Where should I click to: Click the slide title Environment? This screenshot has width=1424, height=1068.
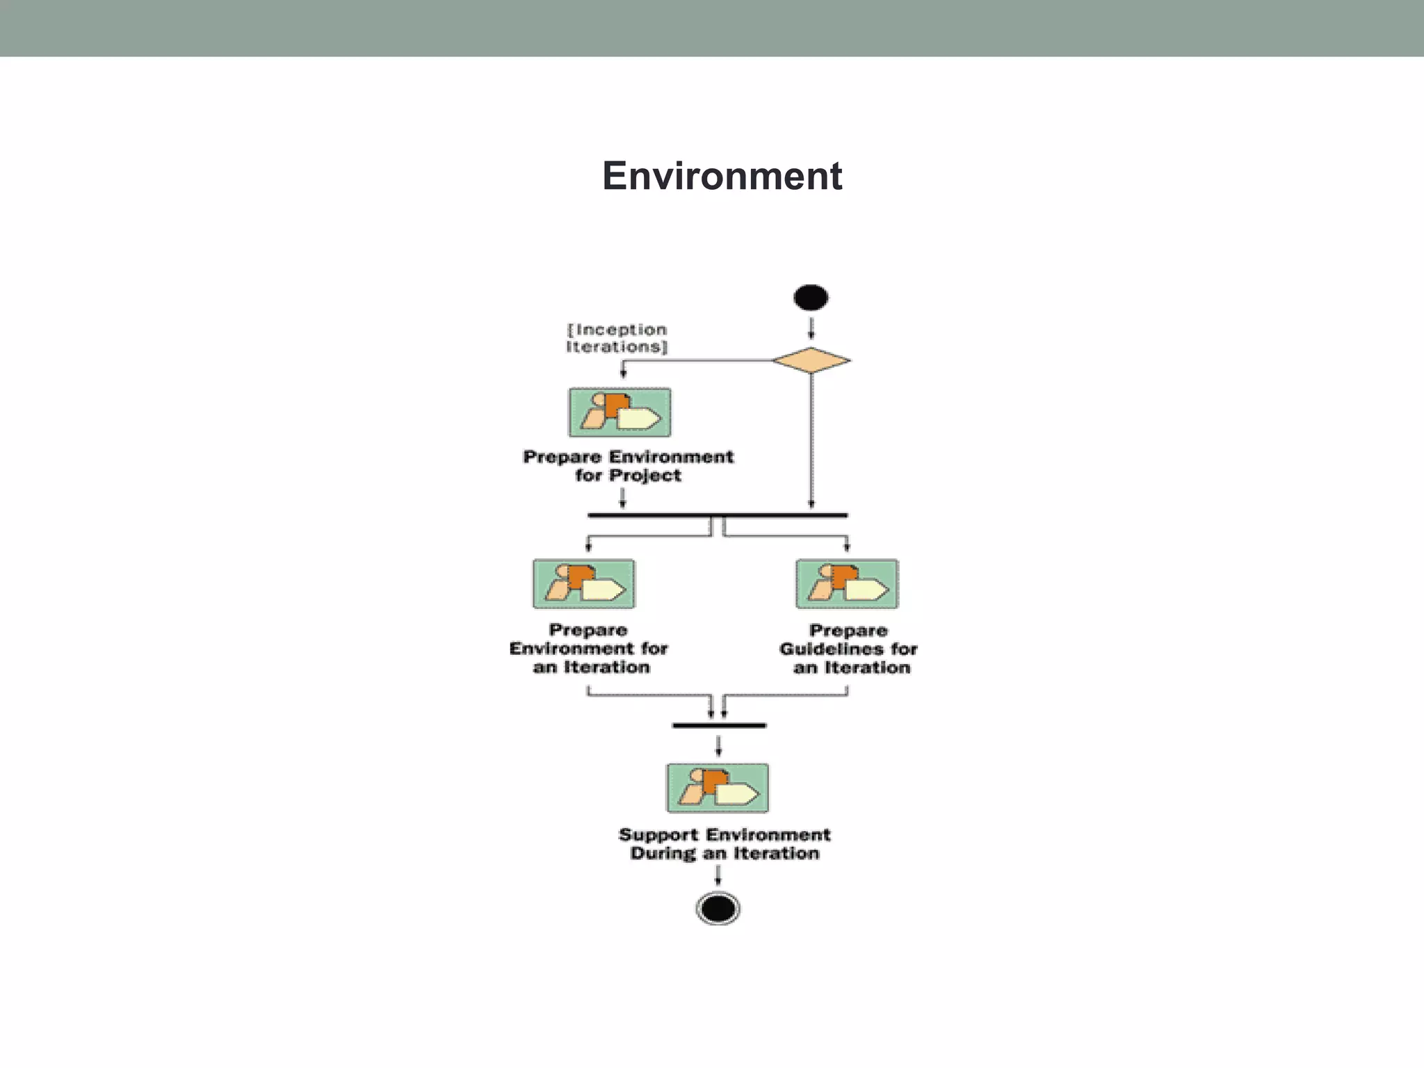[x=722, y=176]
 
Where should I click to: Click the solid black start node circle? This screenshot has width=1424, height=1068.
[x=811, y=298]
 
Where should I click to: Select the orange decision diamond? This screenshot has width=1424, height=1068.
[x=811, y=360]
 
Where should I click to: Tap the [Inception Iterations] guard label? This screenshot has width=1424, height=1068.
[x=617, y=338]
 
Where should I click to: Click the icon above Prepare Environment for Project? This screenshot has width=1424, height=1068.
[x=620, y=412]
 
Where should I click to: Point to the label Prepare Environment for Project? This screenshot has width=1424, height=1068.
[x=628, y=466]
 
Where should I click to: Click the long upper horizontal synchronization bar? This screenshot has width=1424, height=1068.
[x=717, y=515]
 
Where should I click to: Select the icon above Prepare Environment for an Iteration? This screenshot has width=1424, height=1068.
[x=583, y=584]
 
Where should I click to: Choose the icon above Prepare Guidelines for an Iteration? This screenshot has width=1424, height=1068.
[x=847, y=584]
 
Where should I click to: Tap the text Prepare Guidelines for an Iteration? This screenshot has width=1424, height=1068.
[x=848, y=649]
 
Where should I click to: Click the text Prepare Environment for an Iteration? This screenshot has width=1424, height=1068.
[x=589, y=648]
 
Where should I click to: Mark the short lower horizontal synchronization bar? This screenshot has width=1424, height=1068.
[x=719, y=725]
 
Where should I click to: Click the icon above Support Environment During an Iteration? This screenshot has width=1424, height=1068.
[x=718, y=788]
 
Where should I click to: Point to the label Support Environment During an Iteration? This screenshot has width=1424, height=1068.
[x=725, y=843]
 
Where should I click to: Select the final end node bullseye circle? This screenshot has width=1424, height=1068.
[x=718, y=908]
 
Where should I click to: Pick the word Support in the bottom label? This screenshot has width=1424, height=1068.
[x=658, y=834]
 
